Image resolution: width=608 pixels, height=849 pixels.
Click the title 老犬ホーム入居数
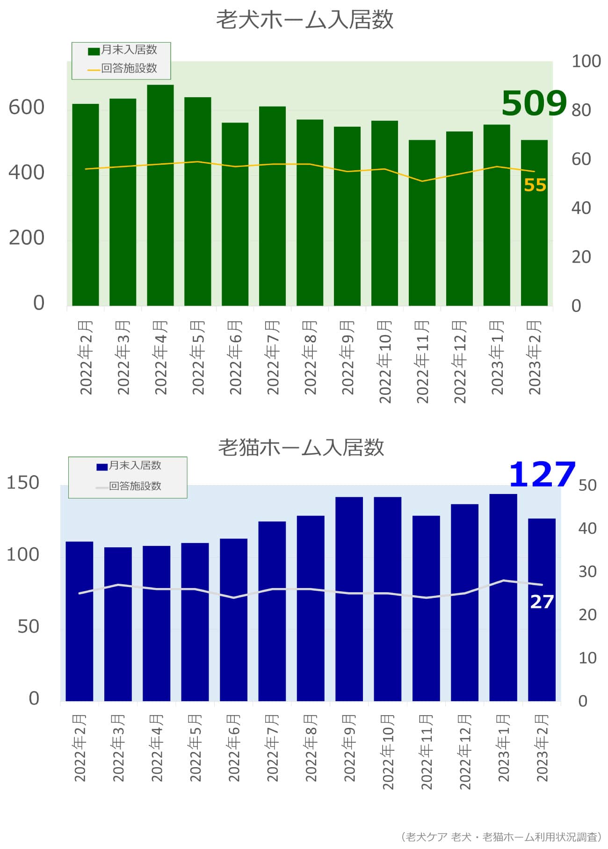pos(304,20)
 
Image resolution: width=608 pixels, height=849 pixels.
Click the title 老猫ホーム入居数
pos(301,447)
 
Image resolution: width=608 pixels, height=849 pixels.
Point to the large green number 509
pos(534,103)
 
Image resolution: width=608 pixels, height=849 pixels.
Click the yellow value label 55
pos(535,185)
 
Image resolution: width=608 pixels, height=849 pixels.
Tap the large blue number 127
pos(542,474)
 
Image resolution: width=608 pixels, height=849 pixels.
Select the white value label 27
pos(542,602)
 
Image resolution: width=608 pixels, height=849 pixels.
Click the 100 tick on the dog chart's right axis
pos(586,61)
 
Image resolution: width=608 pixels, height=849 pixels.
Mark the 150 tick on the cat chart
pos(23,483)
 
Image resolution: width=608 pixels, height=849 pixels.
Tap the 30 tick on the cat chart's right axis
pos(587,571)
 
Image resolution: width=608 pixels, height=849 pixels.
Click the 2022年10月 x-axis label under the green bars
pos(384,361)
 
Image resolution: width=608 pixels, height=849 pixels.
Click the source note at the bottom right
pos(501,837)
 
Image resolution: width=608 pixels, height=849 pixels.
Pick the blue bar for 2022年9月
pos(349,599)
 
